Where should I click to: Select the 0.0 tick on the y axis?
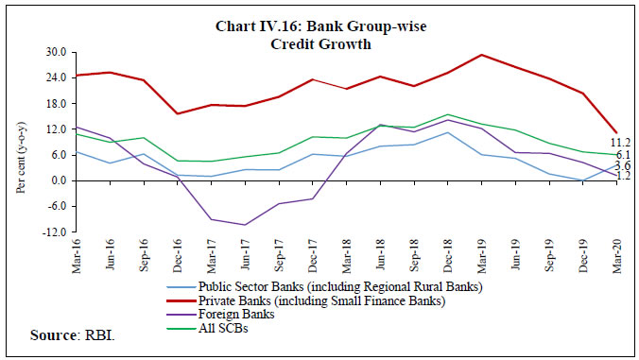click(57, 180)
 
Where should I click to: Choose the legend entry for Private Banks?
click(320, 300)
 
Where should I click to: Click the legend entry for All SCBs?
click(223, 329)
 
